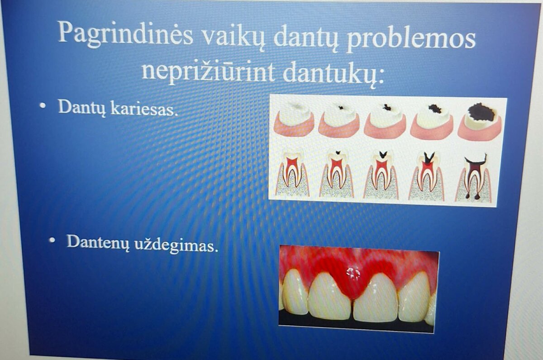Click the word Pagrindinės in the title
click(125, 34)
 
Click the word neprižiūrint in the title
click(208, 72)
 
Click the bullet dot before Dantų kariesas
click(43, 105)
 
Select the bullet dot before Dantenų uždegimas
click(52, 240)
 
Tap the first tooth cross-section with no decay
click(292, 174)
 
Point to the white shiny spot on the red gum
click(353, 274)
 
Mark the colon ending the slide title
click(381, 77)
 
